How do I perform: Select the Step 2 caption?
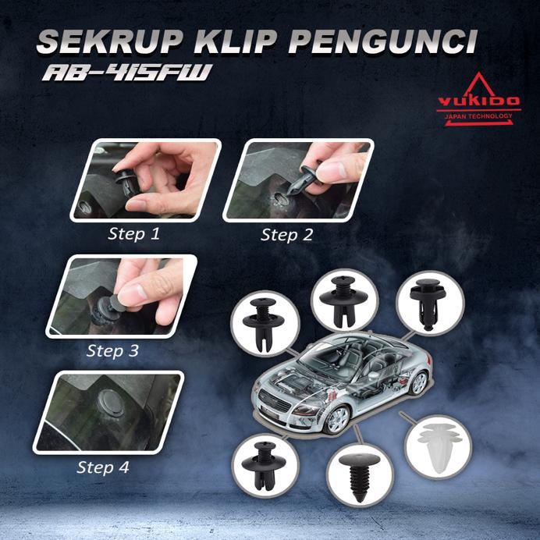coord(286,234)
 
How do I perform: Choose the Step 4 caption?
coord(103,467)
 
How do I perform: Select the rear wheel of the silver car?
coord(420,382)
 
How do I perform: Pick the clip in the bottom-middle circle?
coord(358,474)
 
